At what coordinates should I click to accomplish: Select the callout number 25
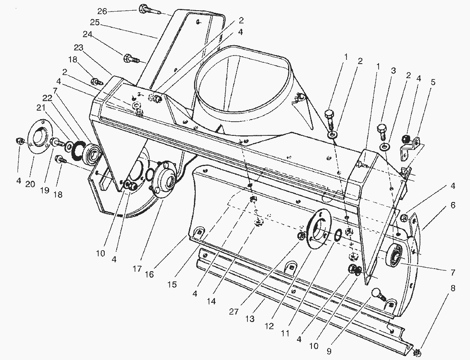click(x=94, y=22)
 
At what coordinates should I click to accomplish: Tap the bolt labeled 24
click(x=130, y=58)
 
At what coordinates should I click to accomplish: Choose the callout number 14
click(x=211, y=301)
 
